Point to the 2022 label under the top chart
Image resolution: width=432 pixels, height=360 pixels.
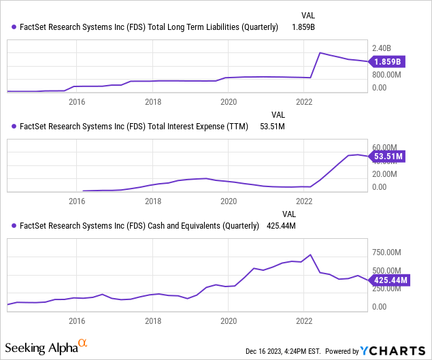304,101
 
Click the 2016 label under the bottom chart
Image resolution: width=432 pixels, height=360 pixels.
77,321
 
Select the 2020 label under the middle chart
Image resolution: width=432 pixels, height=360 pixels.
229,201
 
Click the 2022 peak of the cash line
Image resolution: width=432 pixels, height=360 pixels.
310,255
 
